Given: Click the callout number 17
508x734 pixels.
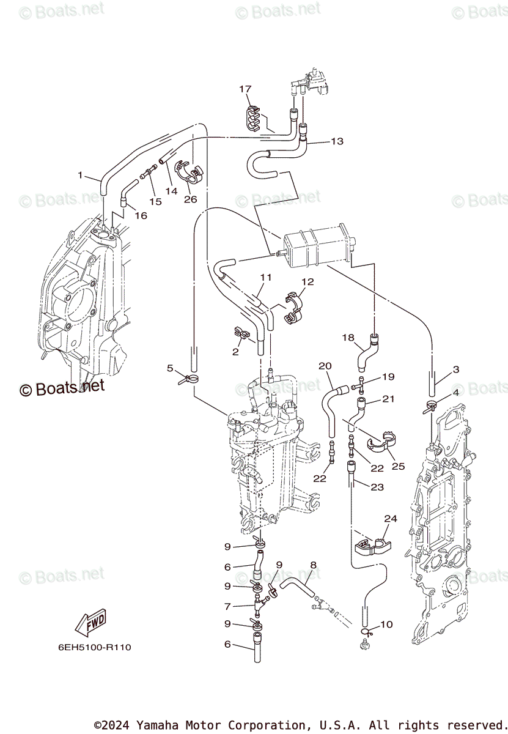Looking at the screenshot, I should click(x=245, y=89).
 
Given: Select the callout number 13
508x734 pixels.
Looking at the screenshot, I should click(x=337, y=141).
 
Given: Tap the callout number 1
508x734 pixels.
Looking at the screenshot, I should click(x=79, y=176).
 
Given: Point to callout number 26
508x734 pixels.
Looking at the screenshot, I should click(x=190, y=199).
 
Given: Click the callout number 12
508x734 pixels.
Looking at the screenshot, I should click(x=307, y=282).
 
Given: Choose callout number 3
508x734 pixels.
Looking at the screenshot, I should click(x=456, y=369).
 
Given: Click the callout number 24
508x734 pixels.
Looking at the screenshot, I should click(x=390, y=519).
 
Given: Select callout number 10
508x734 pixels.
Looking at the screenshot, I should click(x=386, y=625).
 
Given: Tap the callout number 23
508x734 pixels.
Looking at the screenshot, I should click(x=377, y=487).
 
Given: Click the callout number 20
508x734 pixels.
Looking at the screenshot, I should click(x=325, y=366).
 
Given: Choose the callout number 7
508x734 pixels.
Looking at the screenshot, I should click(x=227, y=607).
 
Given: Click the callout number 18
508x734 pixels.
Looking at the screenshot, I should click(x=348, y=337).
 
